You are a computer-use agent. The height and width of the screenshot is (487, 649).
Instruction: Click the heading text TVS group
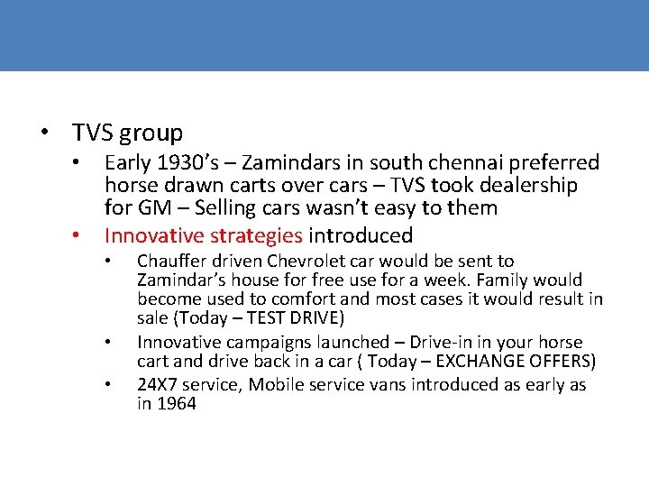coord(127,133)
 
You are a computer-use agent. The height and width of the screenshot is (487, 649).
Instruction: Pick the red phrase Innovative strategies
coord(204,236)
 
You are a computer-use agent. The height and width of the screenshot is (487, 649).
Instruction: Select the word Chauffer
coord(172,262)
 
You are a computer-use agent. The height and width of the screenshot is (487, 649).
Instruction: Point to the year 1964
coord(176,404)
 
